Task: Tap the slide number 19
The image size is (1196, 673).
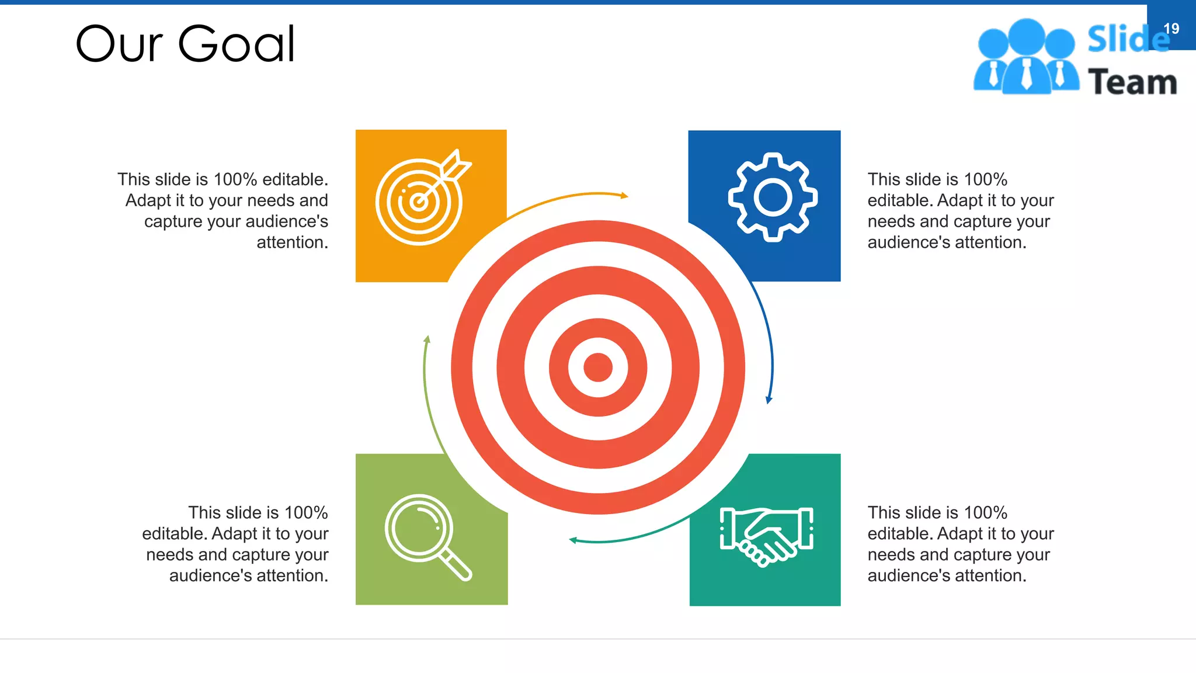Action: pyautogui.click(x=1171, y=29)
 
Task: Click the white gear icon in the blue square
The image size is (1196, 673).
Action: pyautogui.click(x=773, y=197)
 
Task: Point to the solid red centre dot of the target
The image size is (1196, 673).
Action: pyautogui.click(x=597, y=367)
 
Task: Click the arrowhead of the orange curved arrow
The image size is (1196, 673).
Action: pyautogui.click(x=624, y=196)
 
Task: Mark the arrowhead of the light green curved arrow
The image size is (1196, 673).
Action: pyautogui.click(x=427, y=339)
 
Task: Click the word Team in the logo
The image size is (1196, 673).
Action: pyautogui.click(x=1132, y=82)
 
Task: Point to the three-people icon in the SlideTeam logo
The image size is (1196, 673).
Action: pyautogui.click(x=1026, y=57)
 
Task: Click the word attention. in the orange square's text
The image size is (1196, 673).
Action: pyautogui.click(x=292, y=242)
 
